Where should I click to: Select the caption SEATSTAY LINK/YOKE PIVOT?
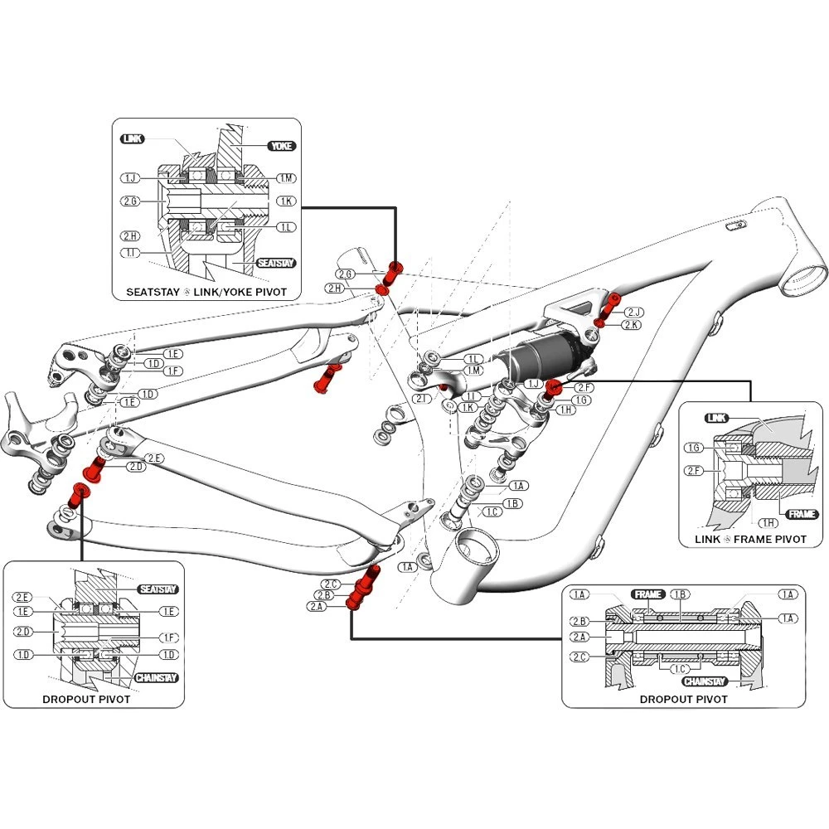click(x=206, y=292)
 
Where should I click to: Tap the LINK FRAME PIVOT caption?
click(x=751, y=539)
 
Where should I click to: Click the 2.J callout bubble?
click(x=633, y=312)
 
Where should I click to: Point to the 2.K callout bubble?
click(x=631, y=325)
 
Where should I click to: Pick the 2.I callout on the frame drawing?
click(x=423, y=399)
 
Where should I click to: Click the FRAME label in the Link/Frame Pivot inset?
click(x=802, y=514)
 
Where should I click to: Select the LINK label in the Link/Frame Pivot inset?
click(x=717, y=418)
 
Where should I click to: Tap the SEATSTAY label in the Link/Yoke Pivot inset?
click(x=276, y=263)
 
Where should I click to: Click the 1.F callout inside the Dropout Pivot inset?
click(x=168, y=638)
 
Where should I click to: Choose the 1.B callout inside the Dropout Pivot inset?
click(x=680, y=594)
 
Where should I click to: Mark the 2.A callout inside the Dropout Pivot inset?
click(x=579, y=637)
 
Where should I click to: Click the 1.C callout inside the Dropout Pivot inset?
click(x=680, y=668)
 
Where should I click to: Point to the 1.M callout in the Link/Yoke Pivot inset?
click(x=286, y=179)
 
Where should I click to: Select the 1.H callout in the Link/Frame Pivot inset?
click(x=768, y=522)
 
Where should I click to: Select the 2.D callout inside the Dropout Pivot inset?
click(x=22, y=633)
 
